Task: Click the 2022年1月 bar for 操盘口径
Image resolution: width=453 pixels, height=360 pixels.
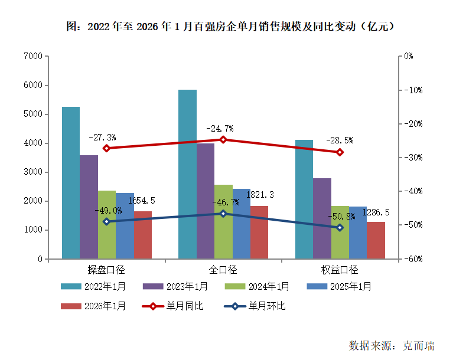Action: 71,183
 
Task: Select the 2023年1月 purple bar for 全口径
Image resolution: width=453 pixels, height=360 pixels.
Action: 206,201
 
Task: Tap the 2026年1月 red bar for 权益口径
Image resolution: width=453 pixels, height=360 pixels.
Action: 376,240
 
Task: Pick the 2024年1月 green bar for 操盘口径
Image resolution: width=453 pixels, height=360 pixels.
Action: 107,224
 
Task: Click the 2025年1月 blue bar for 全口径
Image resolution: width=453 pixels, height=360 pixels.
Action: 241,223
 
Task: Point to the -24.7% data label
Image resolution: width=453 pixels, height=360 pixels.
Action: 220,128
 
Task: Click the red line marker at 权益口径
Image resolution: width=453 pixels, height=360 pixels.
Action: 340,152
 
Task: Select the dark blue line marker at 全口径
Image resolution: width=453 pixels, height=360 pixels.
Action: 223,214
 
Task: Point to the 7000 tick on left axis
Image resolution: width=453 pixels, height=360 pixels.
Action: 33,56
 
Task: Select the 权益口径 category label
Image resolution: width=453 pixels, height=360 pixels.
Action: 340,270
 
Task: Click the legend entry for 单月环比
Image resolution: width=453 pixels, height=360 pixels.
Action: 254,306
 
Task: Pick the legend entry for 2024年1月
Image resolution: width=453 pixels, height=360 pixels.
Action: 257,286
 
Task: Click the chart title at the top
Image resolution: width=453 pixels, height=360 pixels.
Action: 230,27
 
